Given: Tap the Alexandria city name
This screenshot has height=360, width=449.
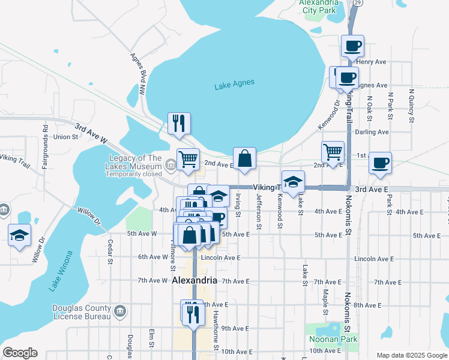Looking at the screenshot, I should point(194,280).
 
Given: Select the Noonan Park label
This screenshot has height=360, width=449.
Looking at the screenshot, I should point(333,339).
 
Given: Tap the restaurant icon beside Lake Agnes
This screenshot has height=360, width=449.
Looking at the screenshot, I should point(179,123).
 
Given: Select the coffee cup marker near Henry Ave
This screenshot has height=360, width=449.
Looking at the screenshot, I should point(352,46).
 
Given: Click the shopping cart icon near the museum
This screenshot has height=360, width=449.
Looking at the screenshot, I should point(188,159).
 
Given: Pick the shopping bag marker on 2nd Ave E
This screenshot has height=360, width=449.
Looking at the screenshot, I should point(244,159).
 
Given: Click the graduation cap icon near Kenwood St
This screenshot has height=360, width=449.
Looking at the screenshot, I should point(293,182).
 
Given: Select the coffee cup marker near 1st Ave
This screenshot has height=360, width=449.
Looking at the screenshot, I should point(379,163).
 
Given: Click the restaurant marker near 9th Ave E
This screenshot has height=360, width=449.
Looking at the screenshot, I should point(192,313).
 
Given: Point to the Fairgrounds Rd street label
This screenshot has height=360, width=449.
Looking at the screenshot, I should point(45,154).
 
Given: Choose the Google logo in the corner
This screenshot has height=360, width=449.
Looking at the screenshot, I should point(20,353).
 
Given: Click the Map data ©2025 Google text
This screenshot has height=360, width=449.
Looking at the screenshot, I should point(411,355).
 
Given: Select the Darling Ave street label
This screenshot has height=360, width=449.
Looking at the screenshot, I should point(372,132).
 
